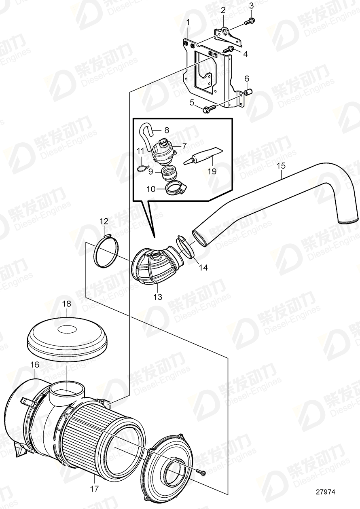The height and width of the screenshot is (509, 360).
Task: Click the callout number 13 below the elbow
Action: [157, 297]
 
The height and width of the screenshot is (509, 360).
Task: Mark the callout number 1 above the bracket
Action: [188, 21]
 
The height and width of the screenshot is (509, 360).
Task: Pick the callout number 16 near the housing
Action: [34, 364]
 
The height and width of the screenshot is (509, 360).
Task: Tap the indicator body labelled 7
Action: [165, 152]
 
